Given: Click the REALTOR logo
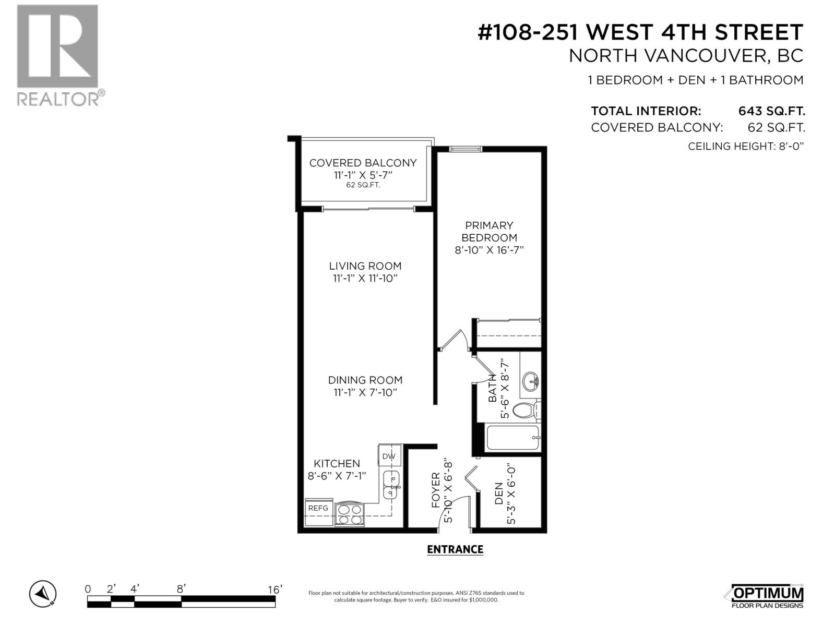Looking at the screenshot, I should (x=57, y=55).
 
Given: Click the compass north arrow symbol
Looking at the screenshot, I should (x=43, y=594).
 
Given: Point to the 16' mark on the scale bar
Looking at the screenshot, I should (x=275, y=589).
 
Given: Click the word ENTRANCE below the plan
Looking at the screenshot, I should (x=455, y=549).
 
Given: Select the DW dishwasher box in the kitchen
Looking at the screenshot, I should (x=389, y=456).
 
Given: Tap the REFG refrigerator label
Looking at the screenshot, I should (x=318, y=508).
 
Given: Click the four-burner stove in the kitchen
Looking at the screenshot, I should (x=350, y=514).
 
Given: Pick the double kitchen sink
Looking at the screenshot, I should (x=391, y=485).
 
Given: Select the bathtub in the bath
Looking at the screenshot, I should (x=513, y=439).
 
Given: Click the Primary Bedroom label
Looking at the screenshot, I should (x=489, y=231).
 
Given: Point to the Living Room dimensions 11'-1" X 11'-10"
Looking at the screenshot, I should (x=365, y=279).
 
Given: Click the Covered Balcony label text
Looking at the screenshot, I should (x=363, y=163).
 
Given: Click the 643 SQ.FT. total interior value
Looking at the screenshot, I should (x=771, y=111).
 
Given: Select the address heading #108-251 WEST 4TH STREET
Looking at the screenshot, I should (x=640, y=32).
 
